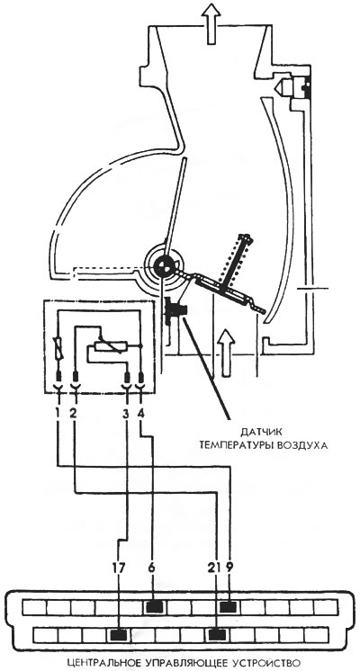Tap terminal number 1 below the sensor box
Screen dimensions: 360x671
pyautogui.click(x=58, y=415)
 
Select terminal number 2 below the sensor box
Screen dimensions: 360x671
pyautogui.click(x=73, y=415)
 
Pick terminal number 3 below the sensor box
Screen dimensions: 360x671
pyautogui.click(x=126, y=415)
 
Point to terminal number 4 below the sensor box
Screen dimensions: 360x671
pyautogui.click(x=142, y=415)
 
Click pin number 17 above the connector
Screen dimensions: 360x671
pyautogui.click(x=119, y=568)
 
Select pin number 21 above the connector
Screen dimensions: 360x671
pyautogui.click(x=214, y=568)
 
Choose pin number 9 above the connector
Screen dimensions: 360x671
pyautogui.click(x=229, y=568)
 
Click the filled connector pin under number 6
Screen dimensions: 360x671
pyautogui.click(x=154, y=606)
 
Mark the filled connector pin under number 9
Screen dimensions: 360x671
pyautogui.click(x=229, y=606)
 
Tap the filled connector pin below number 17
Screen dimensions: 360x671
pyautogui.click(x=119, y=634)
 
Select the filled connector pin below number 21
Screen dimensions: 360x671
pyautogui.click(x=217, y=634)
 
